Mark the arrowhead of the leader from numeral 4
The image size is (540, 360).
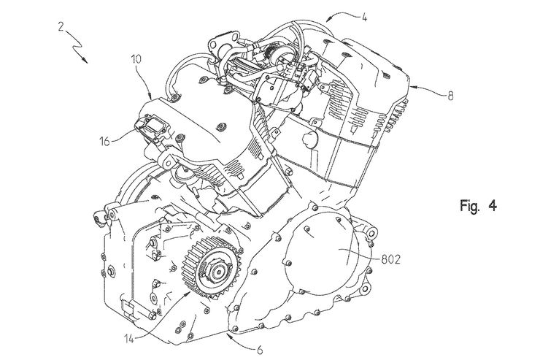point(325,16)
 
